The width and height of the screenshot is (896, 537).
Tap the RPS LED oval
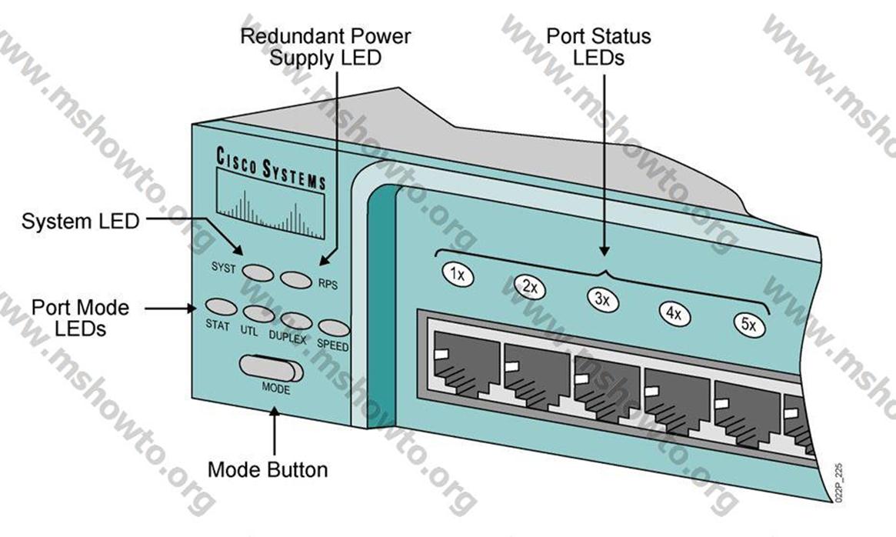297,278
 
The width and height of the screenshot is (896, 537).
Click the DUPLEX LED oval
297,321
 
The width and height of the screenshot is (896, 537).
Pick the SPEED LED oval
334,329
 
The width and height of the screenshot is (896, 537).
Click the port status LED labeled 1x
458,275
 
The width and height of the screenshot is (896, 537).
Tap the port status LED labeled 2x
530,288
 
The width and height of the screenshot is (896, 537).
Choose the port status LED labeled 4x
674,312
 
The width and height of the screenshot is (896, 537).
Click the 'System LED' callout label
80,222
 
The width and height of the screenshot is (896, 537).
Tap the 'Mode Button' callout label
268,469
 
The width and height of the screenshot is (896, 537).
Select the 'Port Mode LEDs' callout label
80,318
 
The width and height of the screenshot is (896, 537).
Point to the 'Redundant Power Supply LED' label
325,46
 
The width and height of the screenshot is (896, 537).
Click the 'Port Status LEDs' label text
588,46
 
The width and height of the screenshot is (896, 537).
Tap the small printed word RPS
327,284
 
